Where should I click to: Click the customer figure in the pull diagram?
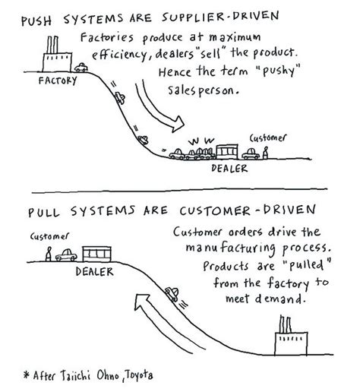[x=48, y=254]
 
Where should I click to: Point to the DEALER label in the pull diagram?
[x=93, y=270]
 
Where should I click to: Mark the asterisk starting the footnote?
[x=27, y=375]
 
